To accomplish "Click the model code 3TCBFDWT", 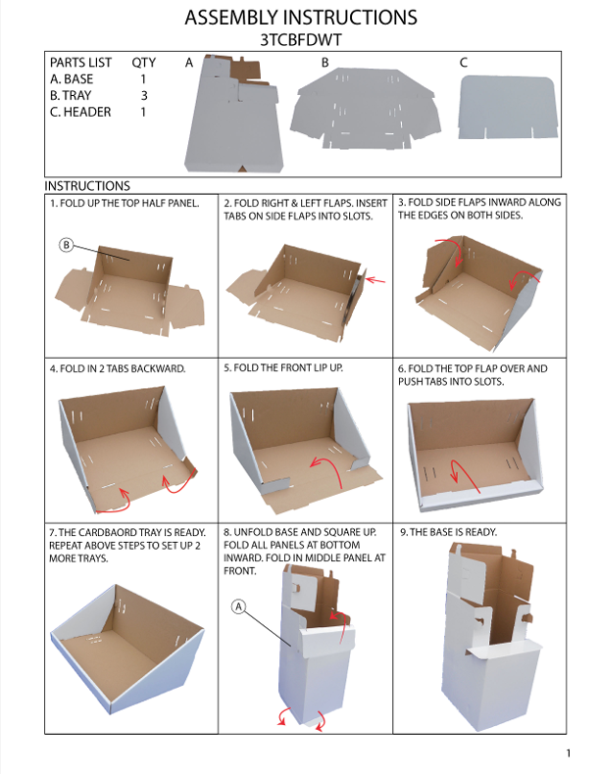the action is pos(300,40).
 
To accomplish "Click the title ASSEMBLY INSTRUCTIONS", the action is pos(301,18).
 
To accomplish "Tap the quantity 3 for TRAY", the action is pos(144,95).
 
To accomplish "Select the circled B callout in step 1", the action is pos(66,245).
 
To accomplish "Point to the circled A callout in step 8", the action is pos(239,606).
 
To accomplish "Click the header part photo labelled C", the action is pos(508,107).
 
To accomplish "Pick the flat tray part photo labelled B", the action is pos(365,109).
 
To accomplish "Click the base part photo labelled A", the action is pos(234,114).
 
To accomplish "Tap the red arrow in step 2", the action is pos(375,280).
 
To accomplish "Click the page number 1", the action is pos(569,753).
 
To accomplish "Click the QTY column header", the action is pos(144,63).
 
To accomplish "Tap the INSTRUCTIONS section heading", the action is pos(87,186).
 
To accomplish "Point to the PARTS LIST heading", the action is pos(81,63).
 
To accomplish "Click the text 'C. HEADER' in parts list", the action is pos(80,112).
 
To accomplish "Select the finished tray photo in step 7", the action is pos(127,649).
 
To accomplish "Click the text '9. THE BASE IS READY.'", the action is pos(448,532).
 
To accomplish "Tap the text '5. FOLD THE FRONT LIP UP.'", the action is pos(283,367).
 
